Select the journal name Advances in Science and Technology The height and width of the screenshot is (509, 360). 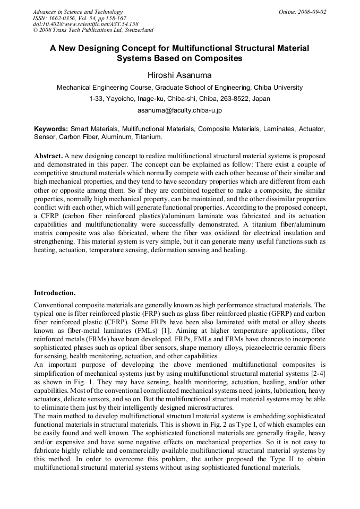tap(78, 12)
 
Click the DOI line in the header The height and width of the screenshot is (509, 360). tap(85, 24)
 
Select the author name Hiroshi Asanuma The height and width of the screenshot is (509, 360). tap(179, 75)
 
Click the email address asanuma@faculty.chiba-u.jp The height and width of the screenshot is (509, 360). tap(179, 110)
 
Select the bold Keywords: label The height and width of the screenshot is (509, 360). tap(51, 129)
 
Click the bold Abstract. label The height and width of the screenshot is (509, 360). tap(48, 157)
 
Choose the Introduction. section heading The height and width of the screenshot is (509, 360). tap(55, 292)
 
